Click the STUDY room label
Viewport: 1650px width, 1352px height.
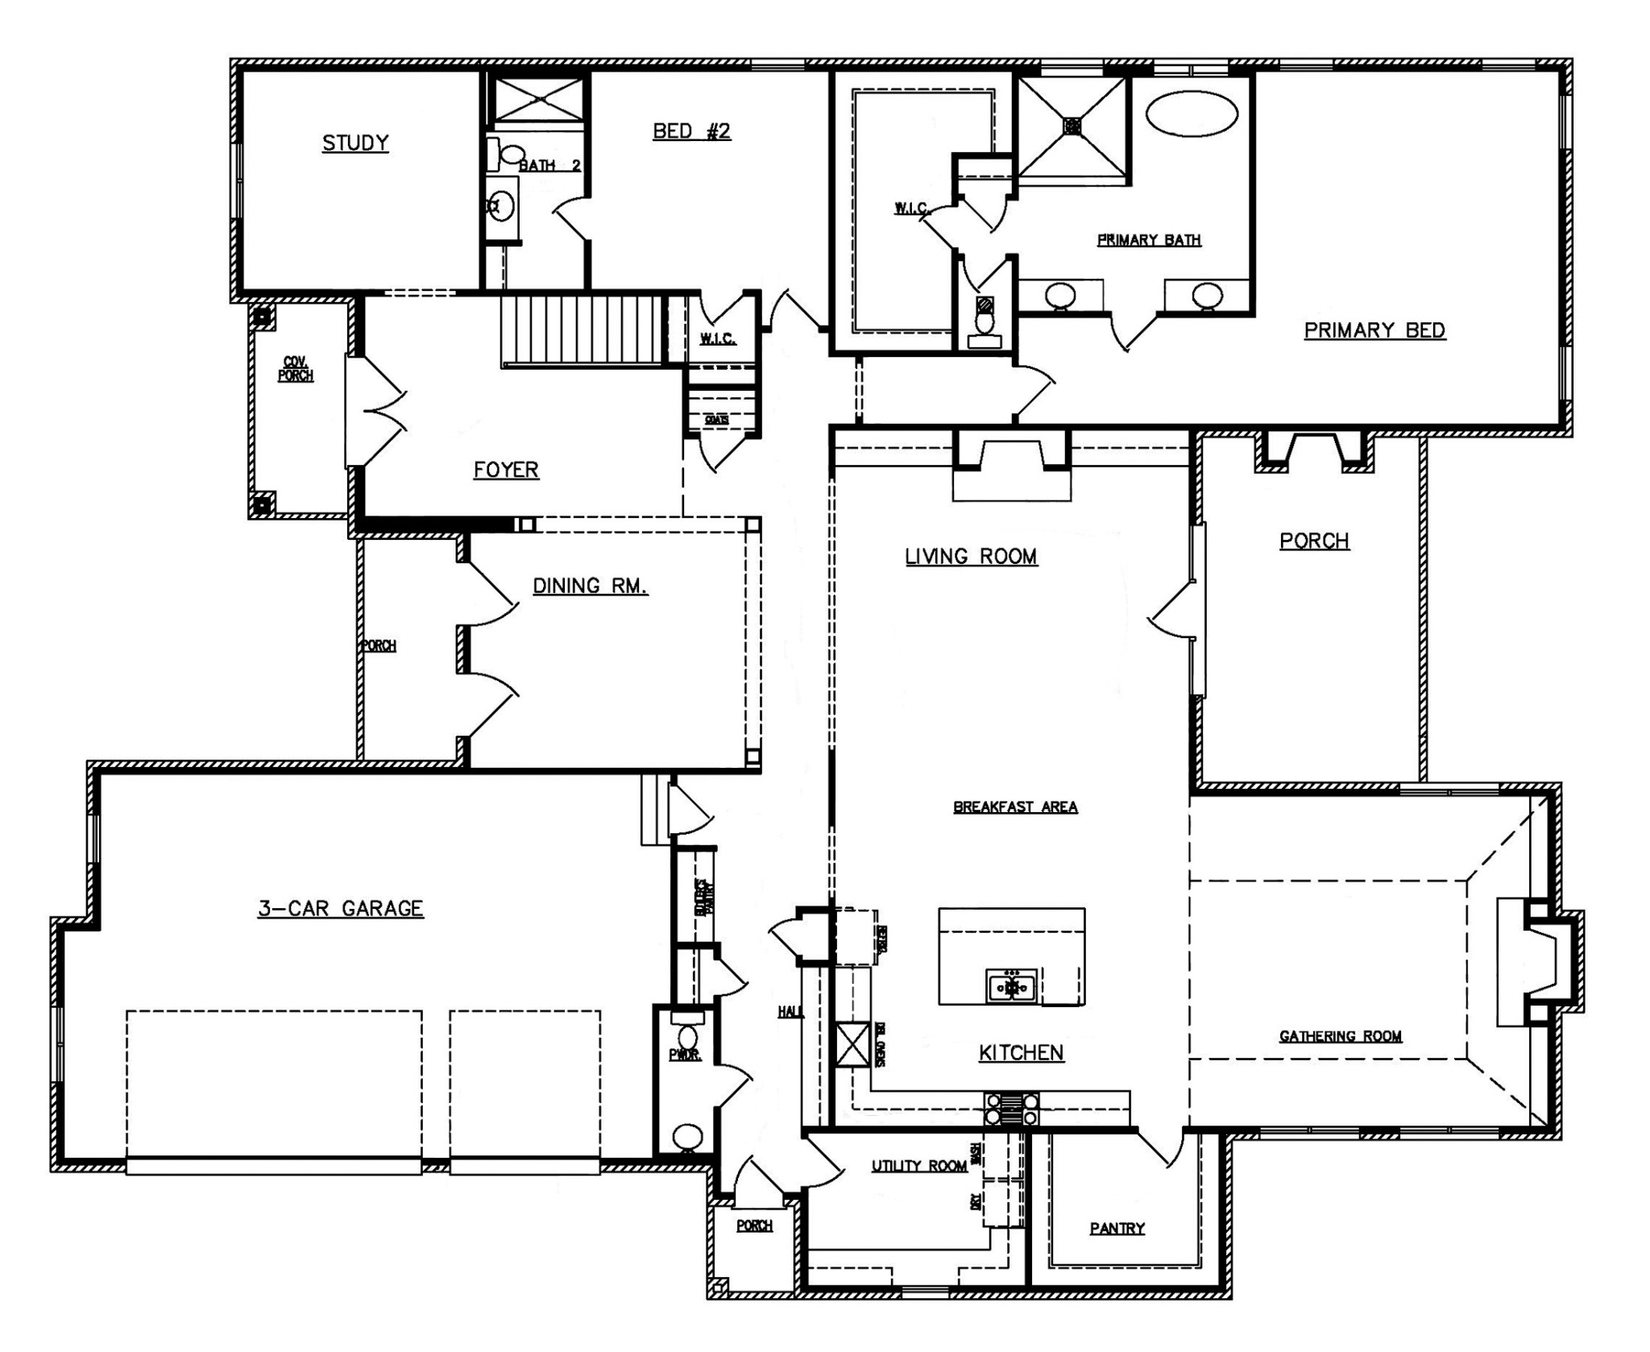click(355, 143)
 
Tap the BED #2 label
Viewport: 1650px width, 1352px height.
click(691, 131)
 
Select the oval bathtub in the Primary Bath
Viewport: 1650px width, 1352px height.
click(1192, 114)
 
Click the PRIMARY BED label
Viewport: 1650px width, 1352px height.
click(1374, 330)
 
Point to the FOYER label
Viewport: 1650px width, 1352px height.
click(506, 470)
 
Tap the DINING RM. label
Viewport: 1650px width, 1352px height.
click(590, 586)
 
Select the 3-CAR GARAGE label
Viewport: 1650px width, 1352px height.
click(341, 909)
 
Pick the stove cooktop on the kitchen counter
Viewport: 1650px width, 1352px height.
click(1011, 1108)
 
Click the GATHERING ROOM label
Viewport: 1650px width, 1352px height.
click(1340, 1036)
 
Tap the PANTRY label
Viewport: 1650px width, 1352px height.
click(1117, 1228)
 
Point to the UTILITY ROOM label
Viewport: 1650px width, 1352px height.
click(918, 1166)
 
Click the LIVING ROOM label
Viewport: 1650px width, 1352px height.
click(971, 557)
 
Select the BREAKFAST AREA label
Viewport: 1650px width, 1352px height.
click(1015, 807)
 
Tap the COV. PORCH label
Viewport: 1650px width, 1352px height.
click(296, 369)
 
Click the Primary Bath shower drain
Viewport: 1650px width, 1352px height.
click(1072, 126)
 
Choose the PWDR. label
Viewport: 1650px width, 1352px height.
click(685, 1055)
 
